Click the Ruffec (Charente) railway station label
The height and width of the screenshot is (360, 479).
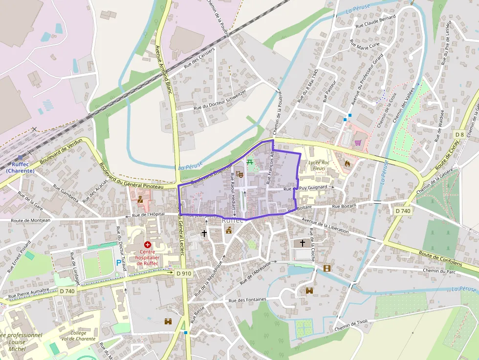tap(20, 168)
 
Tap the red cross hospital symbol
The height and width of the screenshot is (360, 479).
tap(147, 244)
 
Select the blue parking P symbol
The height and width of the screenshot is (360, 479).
tap(119, 263)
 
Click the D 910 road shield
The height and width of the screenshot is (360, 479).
tap(183, 274)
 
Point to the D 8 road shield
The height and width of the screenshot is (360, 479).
tap(459, 134)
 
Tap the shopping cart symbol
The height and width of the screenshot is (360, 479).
tap(358, 143)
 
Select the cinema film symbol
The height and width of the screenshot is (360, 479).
tap(327, 268)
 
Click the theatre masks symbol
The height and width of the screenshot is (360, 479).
tap(239, 173)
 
